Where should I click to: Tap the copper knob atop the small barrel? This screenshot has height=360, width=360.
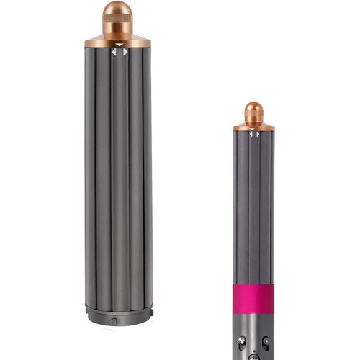click(x=253, y=111)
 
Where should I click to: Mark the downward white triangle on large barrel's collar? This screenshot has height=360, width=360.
click(x=120, y=45)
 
